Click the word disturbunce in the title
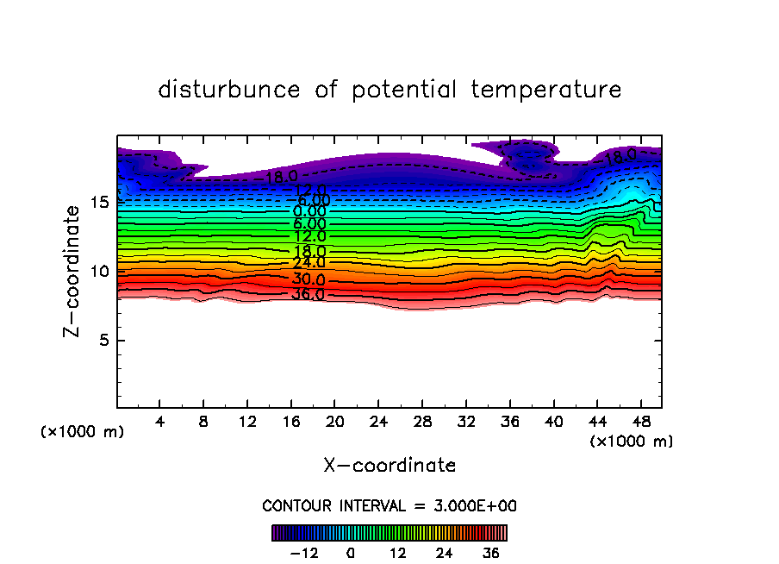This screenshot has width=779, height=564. click(229, 90)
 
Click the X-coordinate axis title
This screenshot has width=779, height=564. click(389, 466)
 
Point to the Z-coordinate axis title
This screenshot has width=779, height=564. click(75, 271)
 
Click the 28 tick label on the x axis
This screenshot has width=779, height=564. click(421, 423)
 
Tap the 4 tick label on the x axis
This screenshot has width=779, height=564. click(160, 423)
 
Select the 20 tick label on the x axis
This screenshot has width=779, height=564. click(334, 423)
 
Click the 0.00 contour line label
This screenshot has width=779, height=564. click(309, 211)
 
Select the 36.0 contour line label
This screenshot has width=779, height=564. click(308, 295)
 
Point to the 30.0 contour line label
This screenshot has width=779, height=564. click(308, 279)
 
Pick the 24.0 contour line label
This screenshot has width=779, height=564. click(308, 263)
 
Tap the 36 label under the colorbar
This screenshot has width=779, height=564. click(489, 554)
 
